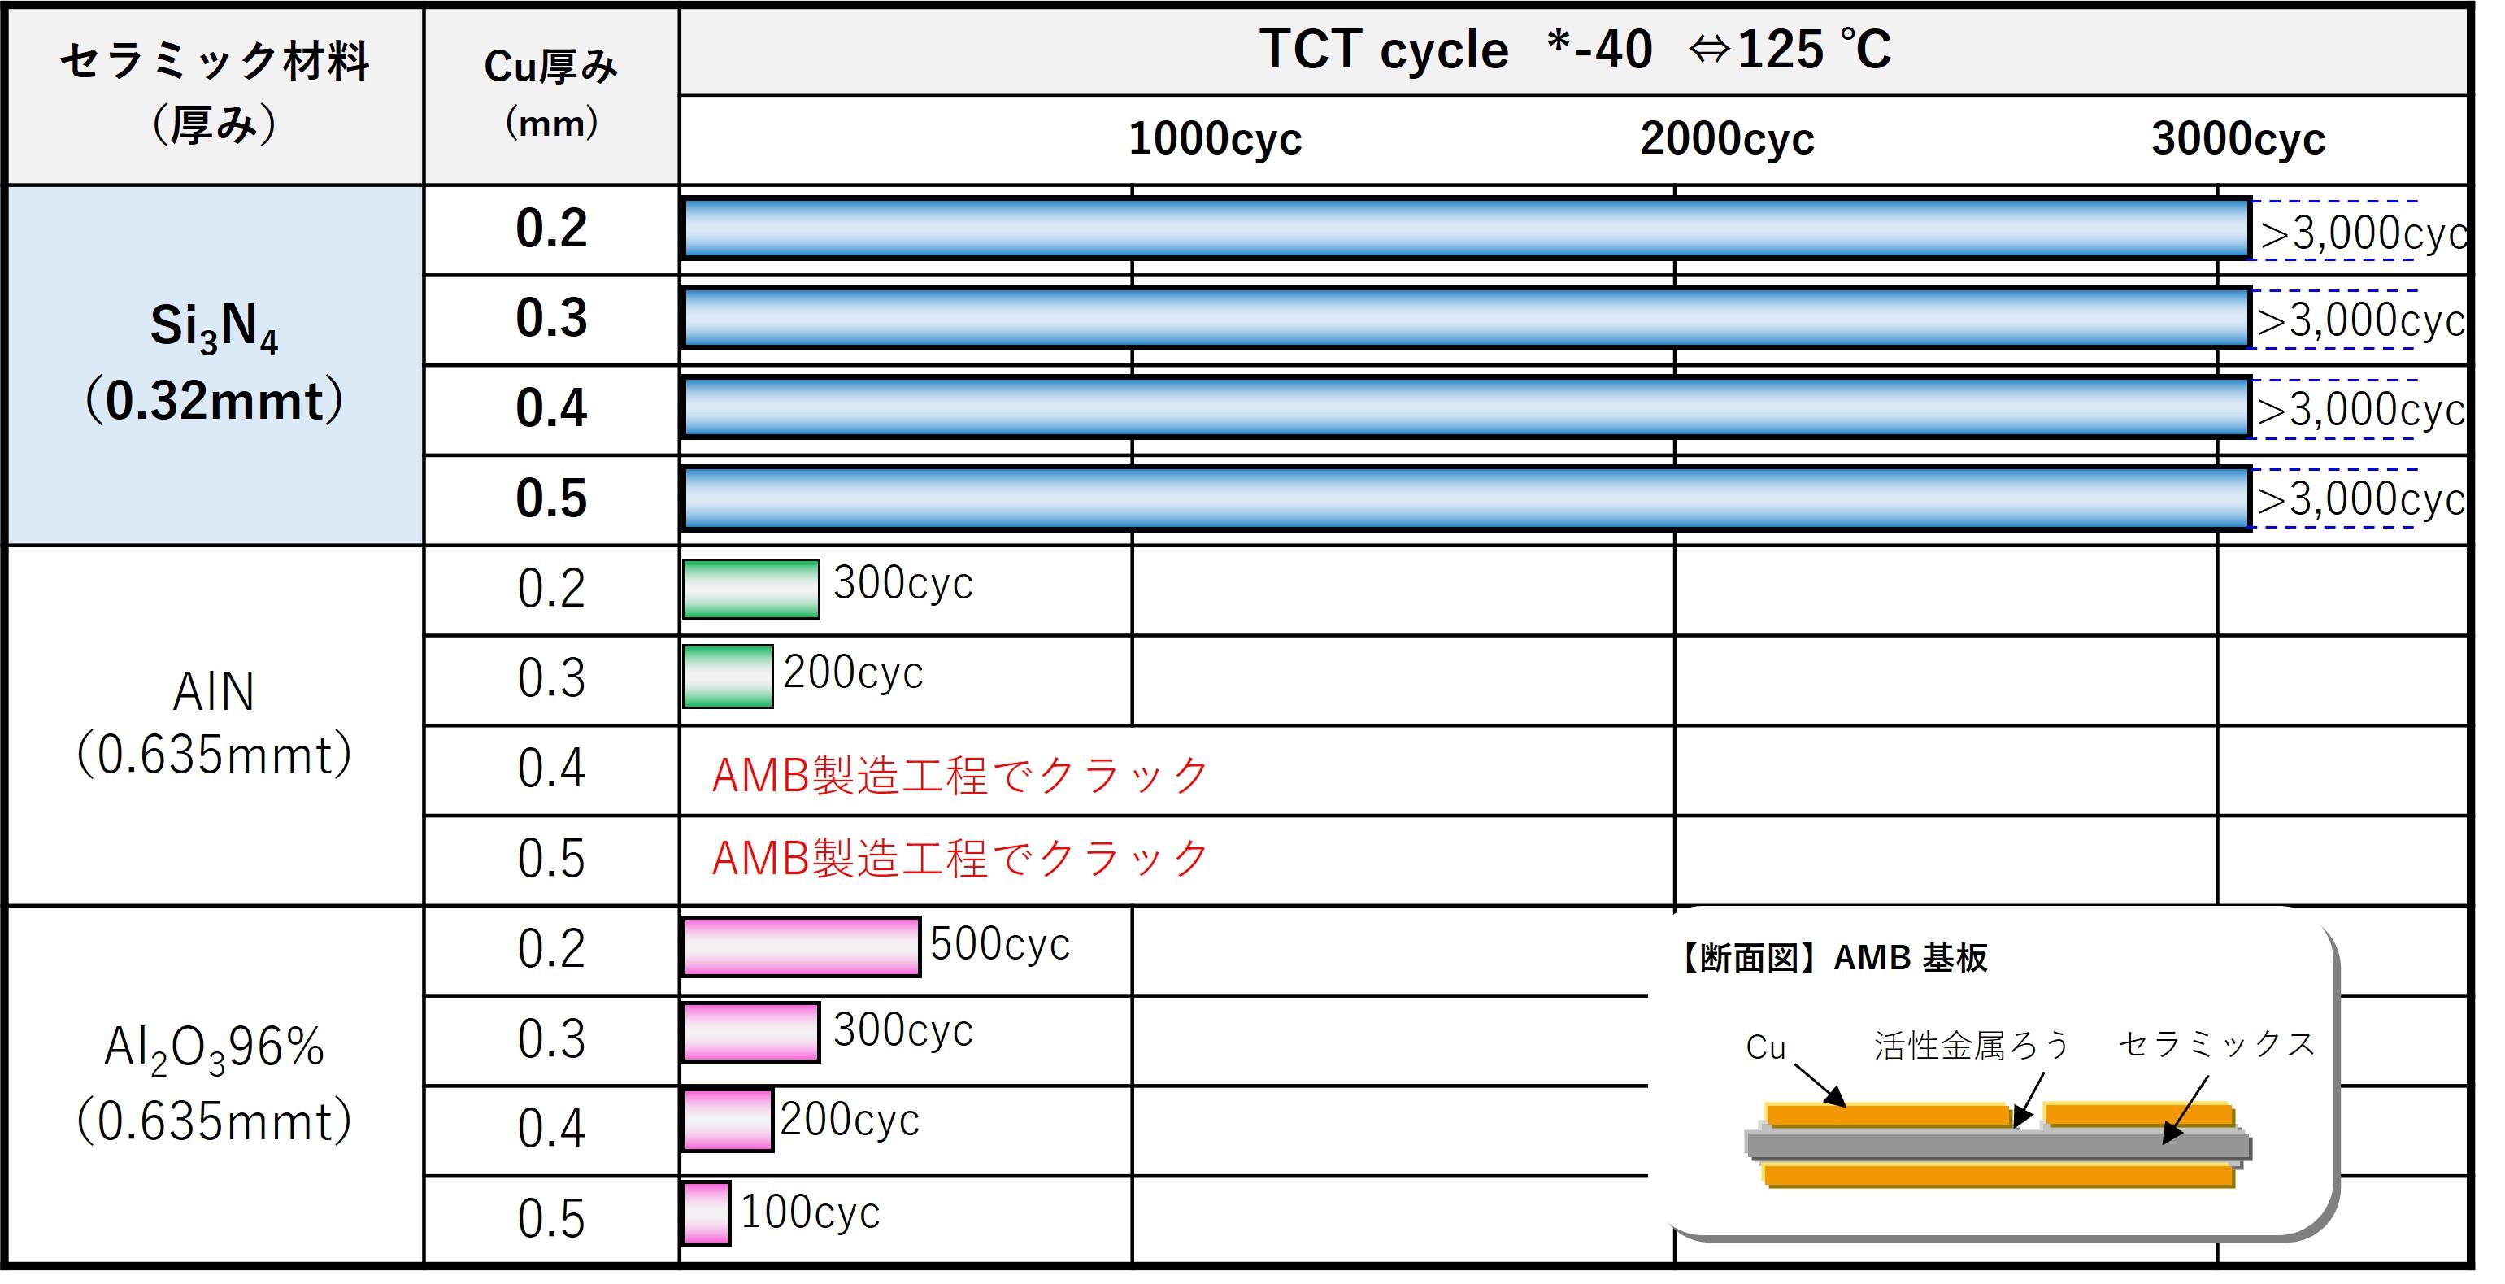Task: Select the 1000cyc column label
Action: pyautogui.click(x=1215, y=139)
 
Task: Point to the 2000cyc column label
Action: pyautogui.click(x=1727, y=139)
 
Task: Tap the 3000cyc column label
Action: pyautogui.click(x=2238, y=139)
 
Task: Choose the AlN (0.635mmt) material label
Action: pyautogui.click(x=214, y=723)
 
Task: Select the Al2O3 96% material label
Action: pyautogui.click(x=214, y=1082)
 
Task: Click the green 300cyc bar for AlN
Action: pyautogui.click(x=750, y=589)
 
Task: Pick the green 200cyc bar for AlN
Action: pyautogui.click(x=728, y=676)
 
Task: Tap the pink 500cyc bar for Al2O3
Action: pyautogui.click(x=802, y=947)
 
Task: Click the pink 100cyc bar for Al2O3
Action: pyautogui.click(x=706, y=1213)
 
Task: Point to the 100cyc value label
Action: pyautogui.click(x=810, y=1212)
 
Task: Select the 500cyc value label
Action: pyautogui.click(x=1000, y=943)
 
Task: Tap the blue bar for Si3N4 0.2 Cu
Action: pyautogui.click(x=1467, y=229)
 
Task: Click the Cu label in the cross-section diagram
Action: pyautogui.click(x=1765, y=1047)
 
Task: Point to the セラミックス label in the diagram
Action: pyautogui.click(x=2217, y=1045)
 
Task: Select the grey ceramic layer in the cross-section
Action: pyautogui.click(x=1998, y=1145)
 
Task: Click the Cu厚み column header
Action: pyautogui.click(x=551, y=94)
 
